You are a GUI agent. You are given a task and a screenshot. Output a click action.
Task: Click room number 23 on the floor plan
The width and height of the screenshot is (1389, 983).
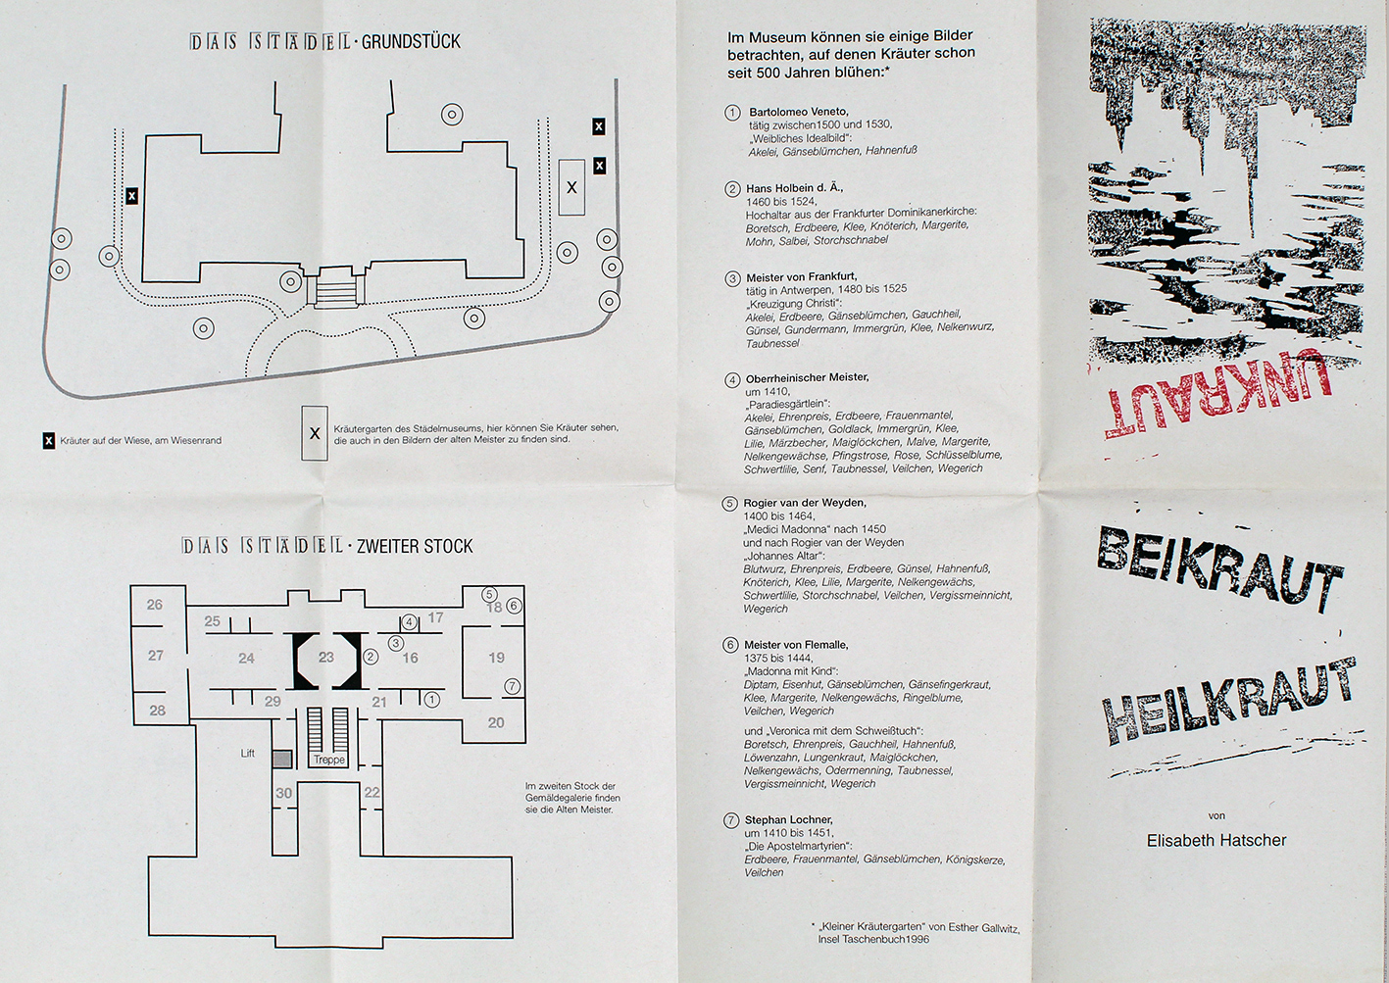(326, 658)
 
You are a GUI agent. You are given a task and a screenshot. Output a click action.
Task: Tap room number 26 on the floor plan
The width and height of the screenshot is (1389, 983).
(155, 605)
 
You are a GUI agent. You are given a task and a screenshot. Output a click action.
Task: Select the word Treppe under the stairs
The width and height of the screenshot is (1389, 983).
(329, 760)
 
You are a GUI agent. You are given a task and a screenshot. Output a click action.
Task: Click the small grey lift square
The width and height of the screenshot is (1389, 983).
(282, 759)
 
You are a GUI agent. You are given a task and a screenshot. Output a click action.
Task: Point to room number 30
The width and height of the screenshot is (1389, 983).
(283, 793)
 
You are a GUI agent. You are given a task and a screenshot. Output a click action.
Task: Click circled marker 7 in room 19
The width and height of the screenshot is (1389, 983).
(512, 686)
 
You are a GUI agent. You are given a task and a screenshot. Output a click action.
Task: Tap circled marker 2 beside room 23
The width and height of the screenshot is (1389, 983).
(371, 657)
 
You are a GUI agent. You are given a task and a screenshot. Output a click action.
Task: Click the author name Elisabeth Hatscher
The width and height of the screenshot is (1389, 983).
(1216, 840)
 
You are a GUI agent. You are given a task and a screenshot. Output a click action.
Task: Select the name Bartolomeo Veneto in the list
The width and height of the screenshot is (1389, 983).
(799, 112)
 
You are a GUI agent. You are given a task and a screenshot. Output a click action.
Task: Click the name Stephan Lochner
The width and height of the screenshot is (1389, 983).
(788, 819)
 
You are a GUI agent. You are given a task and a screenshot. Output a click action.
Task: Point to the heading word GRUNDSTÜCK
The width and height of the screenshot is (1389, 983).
(411, 42)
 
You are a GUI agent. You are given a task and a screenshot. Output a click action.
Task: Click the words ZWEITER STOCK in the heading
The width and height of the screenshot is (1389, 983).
(415, 546)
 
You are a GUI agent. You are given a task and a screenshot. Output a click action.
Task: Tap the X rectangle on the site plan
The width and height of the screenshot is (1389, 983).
(571, 187)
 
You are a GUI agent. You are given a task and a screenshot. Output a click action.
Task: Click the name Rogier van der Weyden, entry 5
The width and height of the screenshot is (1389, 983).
(804, 503)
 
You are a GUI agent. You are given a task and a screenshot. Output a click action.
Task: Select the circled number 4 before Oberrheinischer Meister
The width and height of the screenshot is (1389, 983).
(732, 380)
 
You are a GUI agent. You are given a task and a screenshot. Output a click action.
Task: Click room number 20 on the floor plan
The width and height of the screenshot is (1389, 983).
(496, 723)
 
